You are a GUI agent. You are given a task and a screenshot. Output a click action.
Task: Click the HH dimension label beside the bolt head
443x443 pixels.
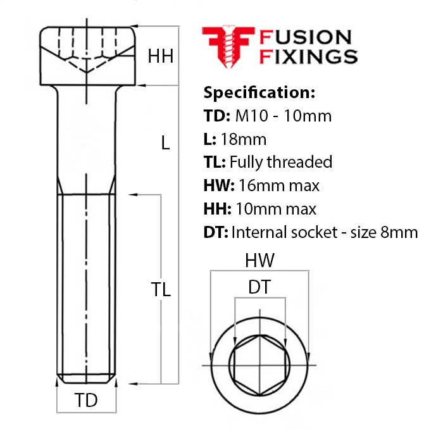point(160,56)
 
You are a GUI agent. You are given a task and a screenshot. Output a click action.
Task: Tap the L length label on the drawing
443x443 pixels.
point(165,143)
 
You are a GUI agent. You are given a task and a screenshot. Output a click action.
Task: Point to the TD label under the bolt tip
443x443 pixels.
point(87,400)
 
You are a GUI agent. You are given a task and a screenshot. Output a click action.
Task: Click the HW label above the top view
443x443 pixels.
point(259,261)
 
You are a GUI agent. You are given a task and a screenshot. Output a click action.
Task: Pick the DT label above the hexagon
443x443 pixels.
point(259,287)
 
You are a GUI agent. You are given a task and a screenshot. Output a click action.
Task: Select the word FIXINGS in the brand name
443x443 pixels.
point(309,56)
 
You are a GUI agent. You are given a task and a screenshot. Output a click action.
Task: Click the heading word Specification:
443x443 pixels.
point(258,92)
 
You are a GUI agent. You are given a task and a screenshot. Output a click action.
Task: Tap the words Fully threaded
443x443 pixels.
point(280,162)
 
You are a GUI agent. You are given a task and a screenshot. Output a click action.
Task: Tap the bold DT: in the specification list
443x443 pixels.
point(215,232)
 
